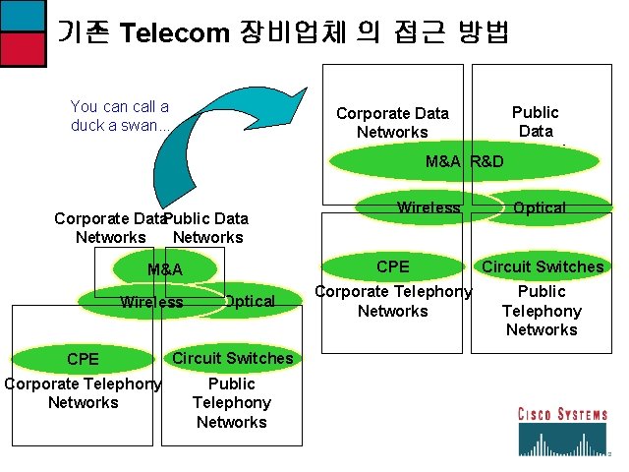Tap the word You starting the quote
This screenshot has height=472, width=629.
[85, 106]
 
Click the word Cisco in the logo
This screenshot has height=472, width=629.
[538, 415]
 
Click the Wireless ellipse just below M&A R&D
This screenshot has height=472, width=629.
[429, 207]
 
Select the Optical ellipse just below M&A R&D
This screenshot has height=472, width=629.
[539, 207]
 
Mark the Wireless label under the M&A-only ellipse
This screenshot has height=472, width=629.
[151, 302]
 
